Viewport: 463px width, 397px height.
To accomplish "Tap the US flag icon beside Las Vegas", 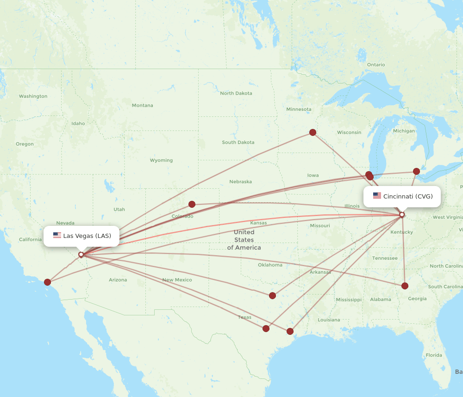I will click(x=57, y=236).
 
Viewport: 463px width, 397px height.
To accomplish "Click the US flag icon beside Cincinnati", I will click(x=377, y=196).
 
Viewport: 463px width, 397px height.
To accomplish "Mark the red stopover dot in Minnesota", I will click(x=313, y=132).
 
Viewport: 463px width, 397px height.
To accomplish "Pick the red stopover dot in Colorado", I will click(x=192, y=204).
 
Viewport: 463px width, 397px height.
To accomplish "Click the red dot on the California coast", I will click(x=48, y=282).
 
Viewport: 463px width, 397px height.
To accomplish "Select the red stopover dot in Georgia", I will click(x=405, y=286).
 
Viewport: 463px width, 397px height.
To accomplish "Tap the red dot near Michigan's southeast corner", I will click(x=416, y=171).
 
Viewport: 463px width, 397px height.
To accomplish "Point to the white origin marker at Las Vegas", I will click(x=81, y=254).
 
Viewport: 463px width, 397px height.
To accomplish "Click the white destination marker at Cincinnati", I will click(x=402, y=214).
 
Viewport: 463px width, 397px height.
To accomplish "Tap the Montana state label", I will click(x=142, y=105).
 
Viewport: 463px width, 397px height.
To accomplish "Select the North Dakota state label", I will click(x=236, y=93).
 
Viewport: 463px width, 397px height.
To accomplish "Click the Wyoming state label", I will click(x=161, y=160).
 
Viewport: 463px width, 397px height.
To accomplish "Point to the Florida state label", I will click(x=434, y=355).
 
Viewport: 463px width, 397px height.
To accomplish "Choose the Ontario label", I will click(x=375, y=64).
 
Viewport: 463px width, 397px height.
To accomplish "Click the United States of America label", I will click(x=244, y=240).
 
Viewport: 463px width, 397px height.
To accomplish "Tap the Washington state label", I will click(x=33, y=96).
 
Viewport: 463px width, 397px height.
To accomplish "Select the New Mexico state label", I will click(x=177, y=280).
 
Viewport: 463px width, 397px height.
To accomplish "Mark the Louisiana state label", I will click(x=329, y=320).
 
